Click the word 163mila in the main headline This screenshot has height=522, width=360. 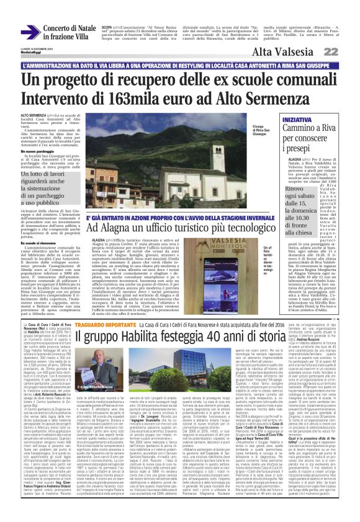(135, 97)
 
